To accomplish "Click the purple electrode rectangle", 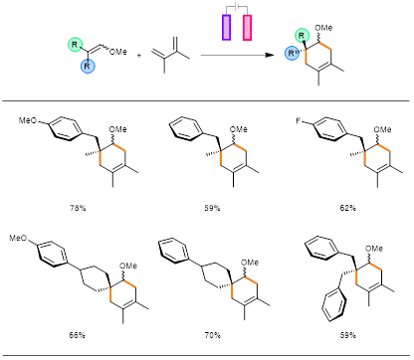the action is pyautogui.click(x=226, y=28).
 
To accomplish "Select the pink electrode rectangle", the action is pyautogui.click(x=247, y=28).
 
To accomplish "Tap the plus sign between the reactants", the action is pyautogui.click(x=139, y=56).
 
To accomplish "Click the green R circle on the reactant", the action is pyautogui.click(x=75, y=44).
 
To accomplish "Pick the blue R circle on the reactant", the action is pyautogui.click(x=88, y=66).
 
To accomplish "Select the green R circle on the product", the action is pyautogui.click(x=302, y=35).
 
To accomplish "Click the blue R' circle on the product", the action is pyautogui.click(x=292, y=53).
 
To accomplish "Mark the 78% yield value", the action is pyautogui.click(x=78, y=208).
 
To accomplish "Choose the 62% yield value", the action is pyautogui.click(x=348, y=208).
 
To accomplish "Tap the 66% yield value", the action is pyautogui.click(x=77, y=335).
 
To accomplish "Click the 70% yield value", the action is pyautogui.click(x=213, y=335).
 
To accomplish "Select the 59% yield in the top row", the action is pyautogui.click(x=213, y=208).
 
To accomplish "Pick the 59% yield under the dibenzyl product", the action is pyautogui.click(x=348, y=335).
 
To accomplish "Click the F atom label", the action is pyautogui.click(x=299, y=120).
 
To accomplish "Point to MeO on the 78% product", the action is pyautogui.click(x=28, y=120).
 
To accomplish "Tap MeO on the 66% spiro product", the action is pyautogui.click(x=18, y=238).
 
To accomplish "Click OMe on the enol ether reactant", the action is pyautogui.click(x=118, y=52).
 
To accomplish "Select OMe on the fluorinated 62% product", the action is pyautogui.click(x=382, y=129).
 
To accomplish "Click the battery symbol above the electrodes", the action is pyautogui.click(x=237, y=6).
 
